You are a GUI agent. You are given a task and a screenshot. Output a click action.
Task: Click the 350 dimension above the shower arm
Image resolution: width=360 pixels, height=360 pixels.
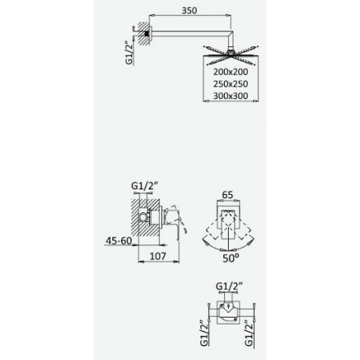tap(189, 10)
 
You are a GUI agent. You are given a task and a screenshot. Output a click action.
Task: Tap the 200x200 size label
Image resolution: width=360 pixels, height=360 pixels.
tap(230, 72)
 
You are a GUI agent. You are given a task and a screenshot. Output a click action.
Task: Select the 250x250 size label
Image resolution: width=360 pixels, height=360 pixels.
tap(230, 84)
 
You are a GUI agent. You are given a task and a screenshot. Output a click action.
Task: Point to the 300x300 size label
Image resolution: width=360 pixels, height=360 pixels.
tap(230, 96)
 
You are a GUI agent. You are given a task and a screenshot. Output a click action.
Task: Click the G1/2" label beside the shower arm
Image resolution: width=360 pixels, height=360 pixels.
tap(130, 53)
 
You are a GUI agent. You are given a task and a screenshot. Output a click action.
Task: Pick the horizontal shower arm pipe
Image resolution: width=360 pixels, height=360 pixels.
tap(189, 33)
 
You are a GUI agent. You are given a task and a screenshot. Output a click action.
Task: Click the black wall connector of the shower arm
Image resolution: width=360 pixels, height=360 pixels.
tap(147, 33)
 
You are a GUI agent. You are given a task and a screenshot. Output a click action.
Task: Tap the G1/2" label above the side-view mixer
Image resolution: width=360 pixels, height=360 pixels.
tap(145, 186)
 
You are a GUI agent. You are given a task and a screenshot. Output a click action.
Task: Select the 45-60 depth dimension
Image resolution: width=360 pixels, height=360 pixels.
tap(119, 241)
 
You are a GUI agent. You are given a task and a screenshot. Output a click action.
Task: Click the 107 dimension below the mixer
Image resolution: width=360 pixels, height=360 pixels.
tap(158, 255)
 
